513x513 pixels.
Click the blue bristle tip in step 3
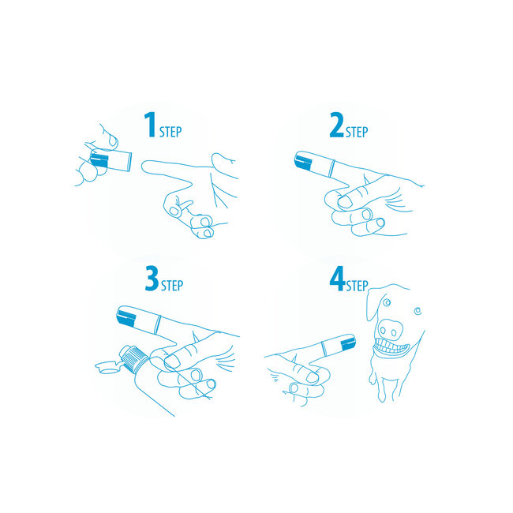[x=127, y=317]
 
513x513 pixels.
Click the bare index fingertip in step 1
[x=146, y=166]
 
